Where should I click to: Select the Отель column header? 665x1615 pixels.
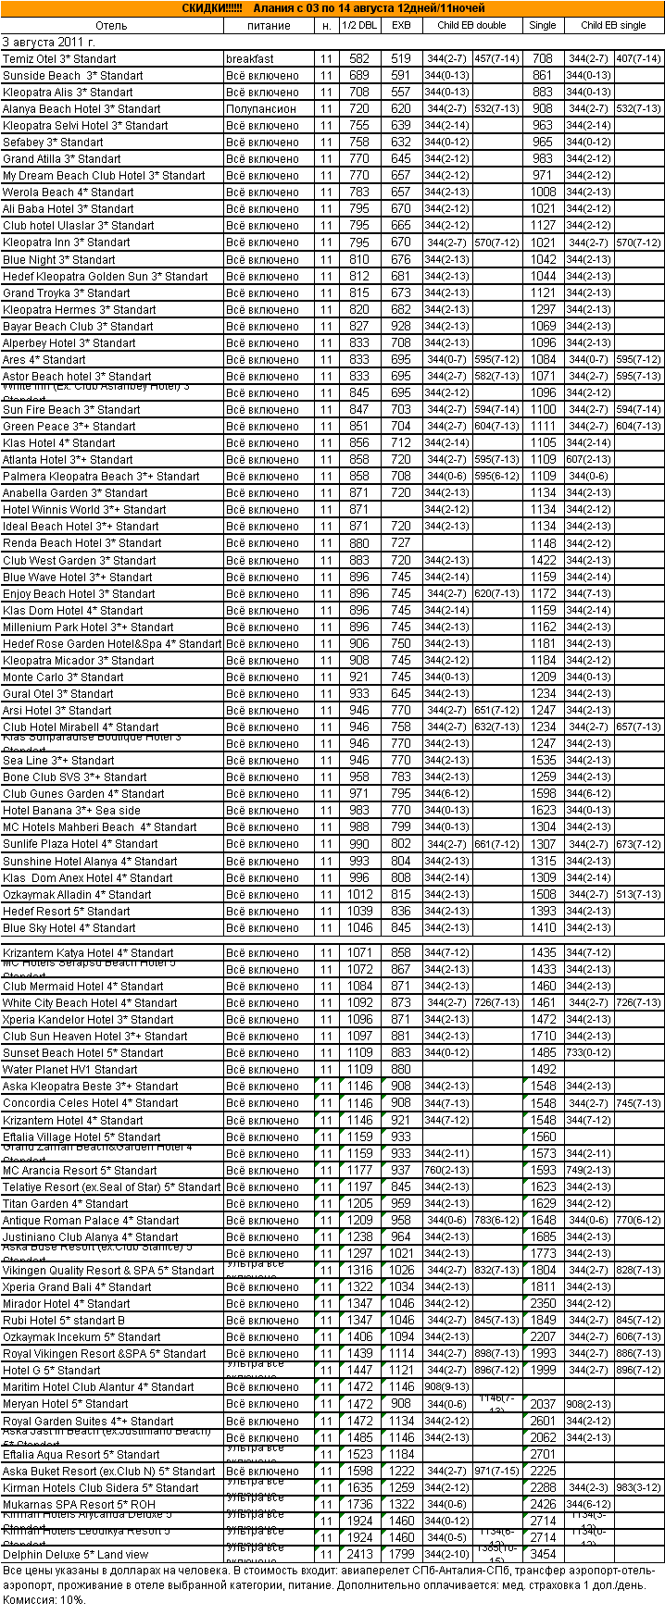click(x=111, y=25)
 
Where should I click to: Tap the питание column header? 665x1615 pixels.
click(x=270, y=25)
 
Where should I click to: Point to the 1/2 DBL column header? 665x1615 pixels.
click(x=359, y=25)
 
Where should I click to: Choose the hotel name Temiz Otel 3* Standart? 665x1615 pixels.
click(x=60, y=59)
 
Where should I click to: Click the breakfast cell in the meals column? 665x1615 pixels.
click(x=250, y=59)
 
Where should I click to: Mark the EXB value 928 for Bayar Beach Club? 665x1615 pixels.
click(x=401, y=327)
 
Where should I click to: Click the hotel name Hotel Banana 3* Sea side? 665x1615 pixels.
click(x=72, y=811)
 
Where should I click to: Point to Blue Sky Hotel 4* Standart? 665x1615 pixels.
click(x=69, y=928)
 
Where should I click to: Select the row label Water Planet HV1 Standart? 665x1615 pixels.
click(x=70, y=1070)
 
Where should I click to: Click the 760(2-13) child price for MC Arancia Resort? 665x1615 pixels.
click(x=446, y=1171)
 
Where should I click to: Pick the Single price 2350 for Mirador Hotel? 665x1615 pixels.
click(x=544, y=1304)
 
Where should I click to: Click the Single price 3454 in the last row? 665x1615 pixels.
click(x=544, y=1555)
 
